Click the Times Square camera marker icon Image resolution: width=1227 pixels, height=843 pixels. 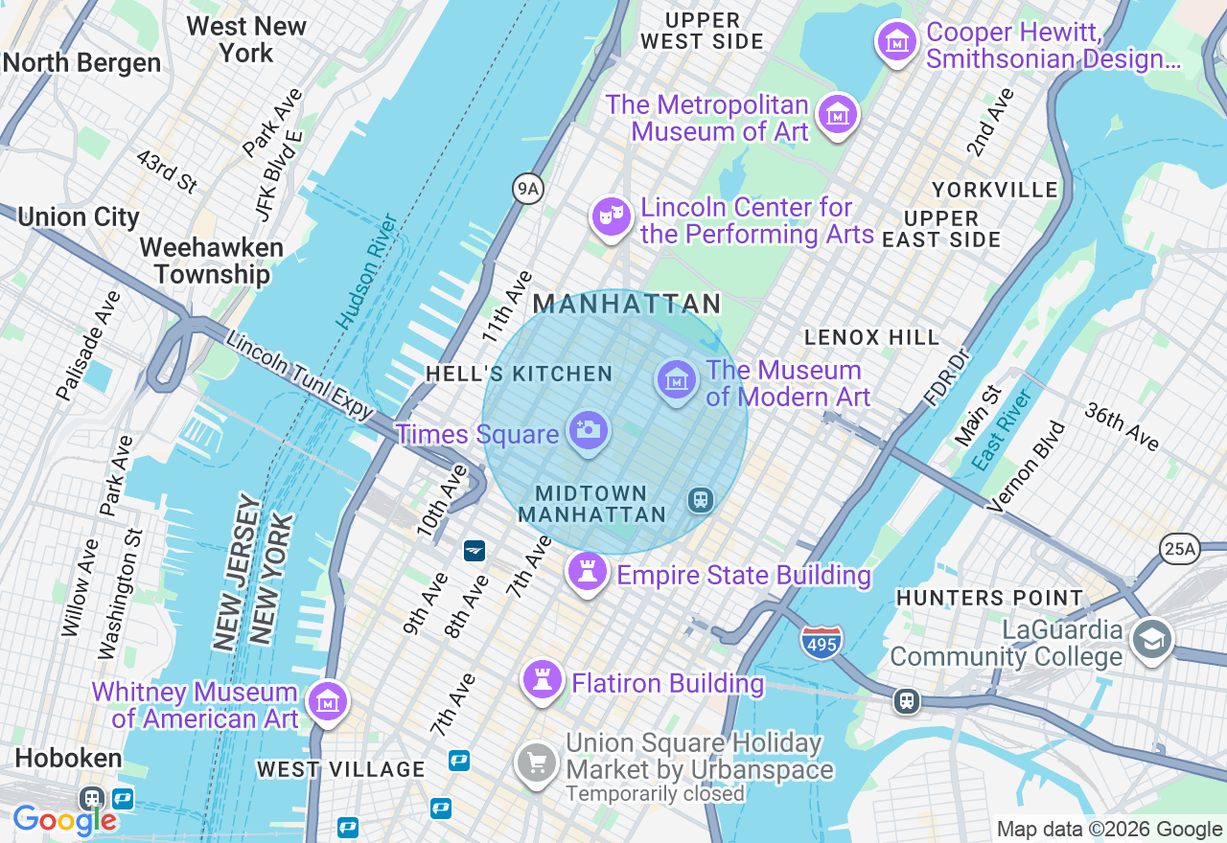588,430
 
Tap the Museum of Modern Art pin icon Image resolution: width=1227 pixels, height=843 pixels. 677,379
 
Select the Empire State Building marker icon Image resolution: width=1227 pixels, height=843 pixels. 588,572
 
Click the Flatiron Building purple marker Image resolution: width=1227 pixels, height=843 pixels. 543,680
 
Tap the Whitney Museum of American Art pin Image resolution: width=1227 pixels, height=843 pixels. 328,702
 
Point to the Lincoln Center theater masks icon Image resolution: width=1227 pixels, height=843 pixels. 611,217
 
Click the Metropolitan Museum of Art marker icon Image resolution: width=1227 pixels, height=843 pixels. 838,114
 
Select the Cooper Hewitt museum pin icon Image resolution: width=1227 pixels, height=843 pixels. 897,41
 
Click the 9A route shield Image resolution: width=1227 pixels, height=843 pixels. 528,189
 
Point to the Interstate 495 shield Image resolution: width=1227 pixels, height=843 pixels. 822,641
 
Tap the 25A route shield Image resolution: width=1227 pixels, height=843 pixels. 1178,548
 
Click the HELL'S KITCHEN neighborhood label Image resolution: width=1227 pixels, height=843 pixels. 519,374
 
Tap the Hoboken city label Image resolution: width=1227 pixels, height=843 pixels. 68,758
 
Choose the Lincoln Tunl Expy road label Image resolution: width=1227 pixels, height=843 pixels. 299,375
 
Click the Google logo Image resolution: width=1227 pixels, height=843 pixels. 64,820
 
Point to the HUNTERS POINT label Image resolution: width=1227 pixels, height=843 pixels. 989,598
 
